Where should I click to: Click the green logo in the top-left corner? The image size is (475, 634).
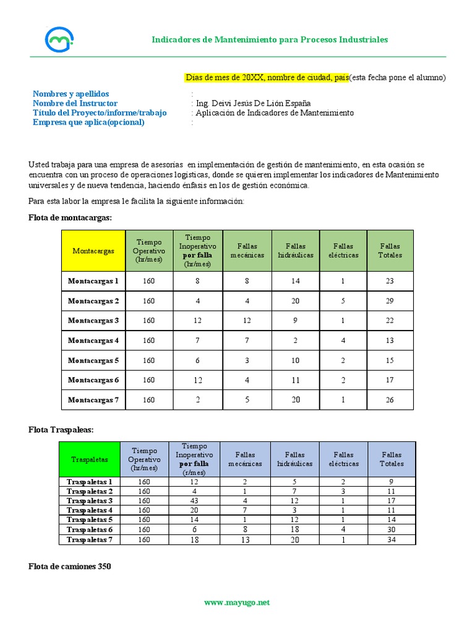coord(59,39)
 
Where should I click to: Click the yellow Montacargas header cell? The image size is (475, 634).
coord(93,251)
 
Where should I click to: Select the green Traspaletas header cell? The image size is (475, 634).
coord(89,459)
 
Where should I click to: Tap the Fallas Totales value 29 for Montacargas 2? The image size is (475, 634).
coord(389,301)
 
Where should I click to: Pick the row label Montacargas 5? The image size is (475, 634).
coord(93,360)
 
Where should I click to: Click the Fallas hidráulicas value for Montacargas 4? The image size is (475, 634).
coord(296,341)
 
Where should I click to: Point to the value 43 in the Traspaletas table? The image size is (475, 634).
coord(194,500)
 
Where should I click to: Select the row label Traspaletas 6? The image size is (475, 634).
coord(89,530)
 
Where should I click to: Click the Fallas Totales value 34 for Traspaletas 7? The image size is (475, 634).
coord(392,540)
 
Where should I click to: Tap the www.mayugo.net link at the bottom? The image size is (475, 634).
coord(237,602)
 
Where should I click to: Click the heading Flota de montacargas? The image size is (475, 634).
coord(71,217)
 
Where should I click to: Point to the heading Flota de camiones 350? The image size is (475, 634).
coord(70,566)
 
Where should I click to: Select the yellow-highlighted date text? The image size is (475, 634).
coord(267,77)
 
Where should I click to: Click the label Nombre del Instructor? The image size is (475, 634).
coord(75,103)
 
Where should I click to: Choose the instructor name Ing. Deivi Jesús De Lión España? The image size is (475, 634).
coord(253,103)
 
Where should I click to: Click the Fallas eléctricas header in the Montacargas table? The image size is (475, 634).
coord(343,251)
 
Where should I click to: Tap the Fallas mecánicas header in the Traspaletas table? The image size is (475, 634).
coord(245,459)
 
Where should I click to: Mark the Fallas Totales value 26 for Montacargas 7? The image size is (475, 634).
coord(389,400)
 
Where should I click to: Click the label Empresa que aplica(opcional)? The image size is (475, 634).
coord(88,122)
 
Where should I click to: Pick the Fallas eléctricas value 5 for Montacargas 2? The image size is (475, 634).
coord(343,301)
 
